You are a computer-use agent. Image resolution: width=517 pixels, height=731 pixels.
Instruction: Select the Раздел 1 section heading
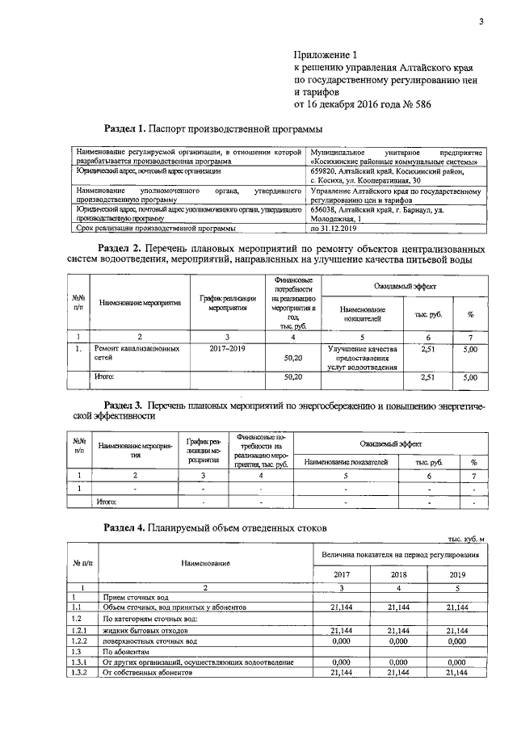pos(214,128)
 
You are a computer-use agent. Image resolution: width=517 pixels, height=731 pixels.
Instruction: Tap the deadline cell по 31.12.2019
pos(339,228)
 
